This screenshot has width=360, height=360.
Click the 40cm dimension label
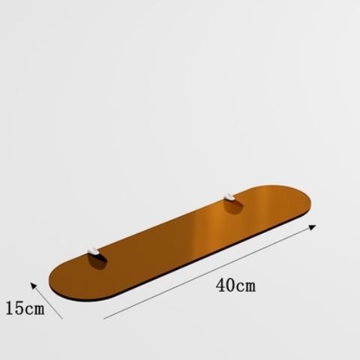[x=234, y=285]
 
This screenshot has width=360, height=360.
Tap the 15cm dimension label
[x=22, y=307]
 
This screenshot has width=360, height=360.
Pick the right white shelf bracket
[x=229, y=197]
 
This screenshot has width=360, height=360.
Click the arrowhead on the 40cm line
[x=312, y=225]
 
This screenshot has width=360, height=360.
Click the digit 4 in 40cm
[x=219, y=285]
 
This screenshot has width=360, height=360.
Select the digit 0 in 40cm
[x=229, y=285]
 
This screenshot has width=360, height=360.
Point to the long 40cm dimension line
[x=210, y=271]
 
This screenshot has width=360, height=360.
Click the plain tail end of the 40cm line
[x=105, y=319]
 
